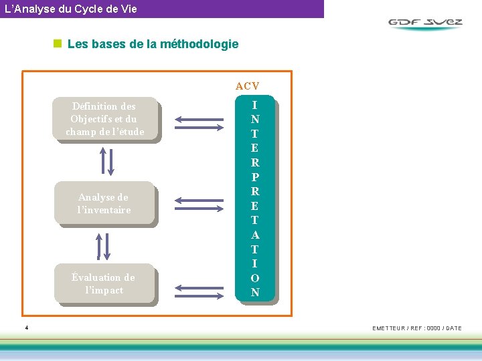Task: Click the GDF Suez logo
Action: (x=425, y=22)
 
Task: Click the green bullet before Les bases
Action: (x=58, y=44)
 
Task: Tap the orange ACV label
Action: (x=247, y=86)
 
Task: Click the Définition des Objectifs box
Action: (x=105, y=119)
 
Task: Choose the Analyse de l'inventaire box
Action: (x=104, y=203)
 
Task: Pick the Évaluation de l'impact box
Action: (x=104, y=284)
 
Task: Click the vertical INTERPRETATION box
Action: (x=255, y=199)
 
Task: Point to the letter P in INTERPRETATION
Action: (x=255, y=177)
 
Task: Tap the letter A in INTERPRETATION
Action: (x=255, y=235)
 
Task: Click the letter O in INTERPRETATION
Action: (x=255, y=278)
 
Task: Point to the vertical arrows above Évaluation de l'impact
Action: (x=104, y=245)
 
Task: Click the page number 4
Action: (x=26, y=328)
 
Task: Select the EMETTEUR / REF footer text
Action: (x=416, y=328)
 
